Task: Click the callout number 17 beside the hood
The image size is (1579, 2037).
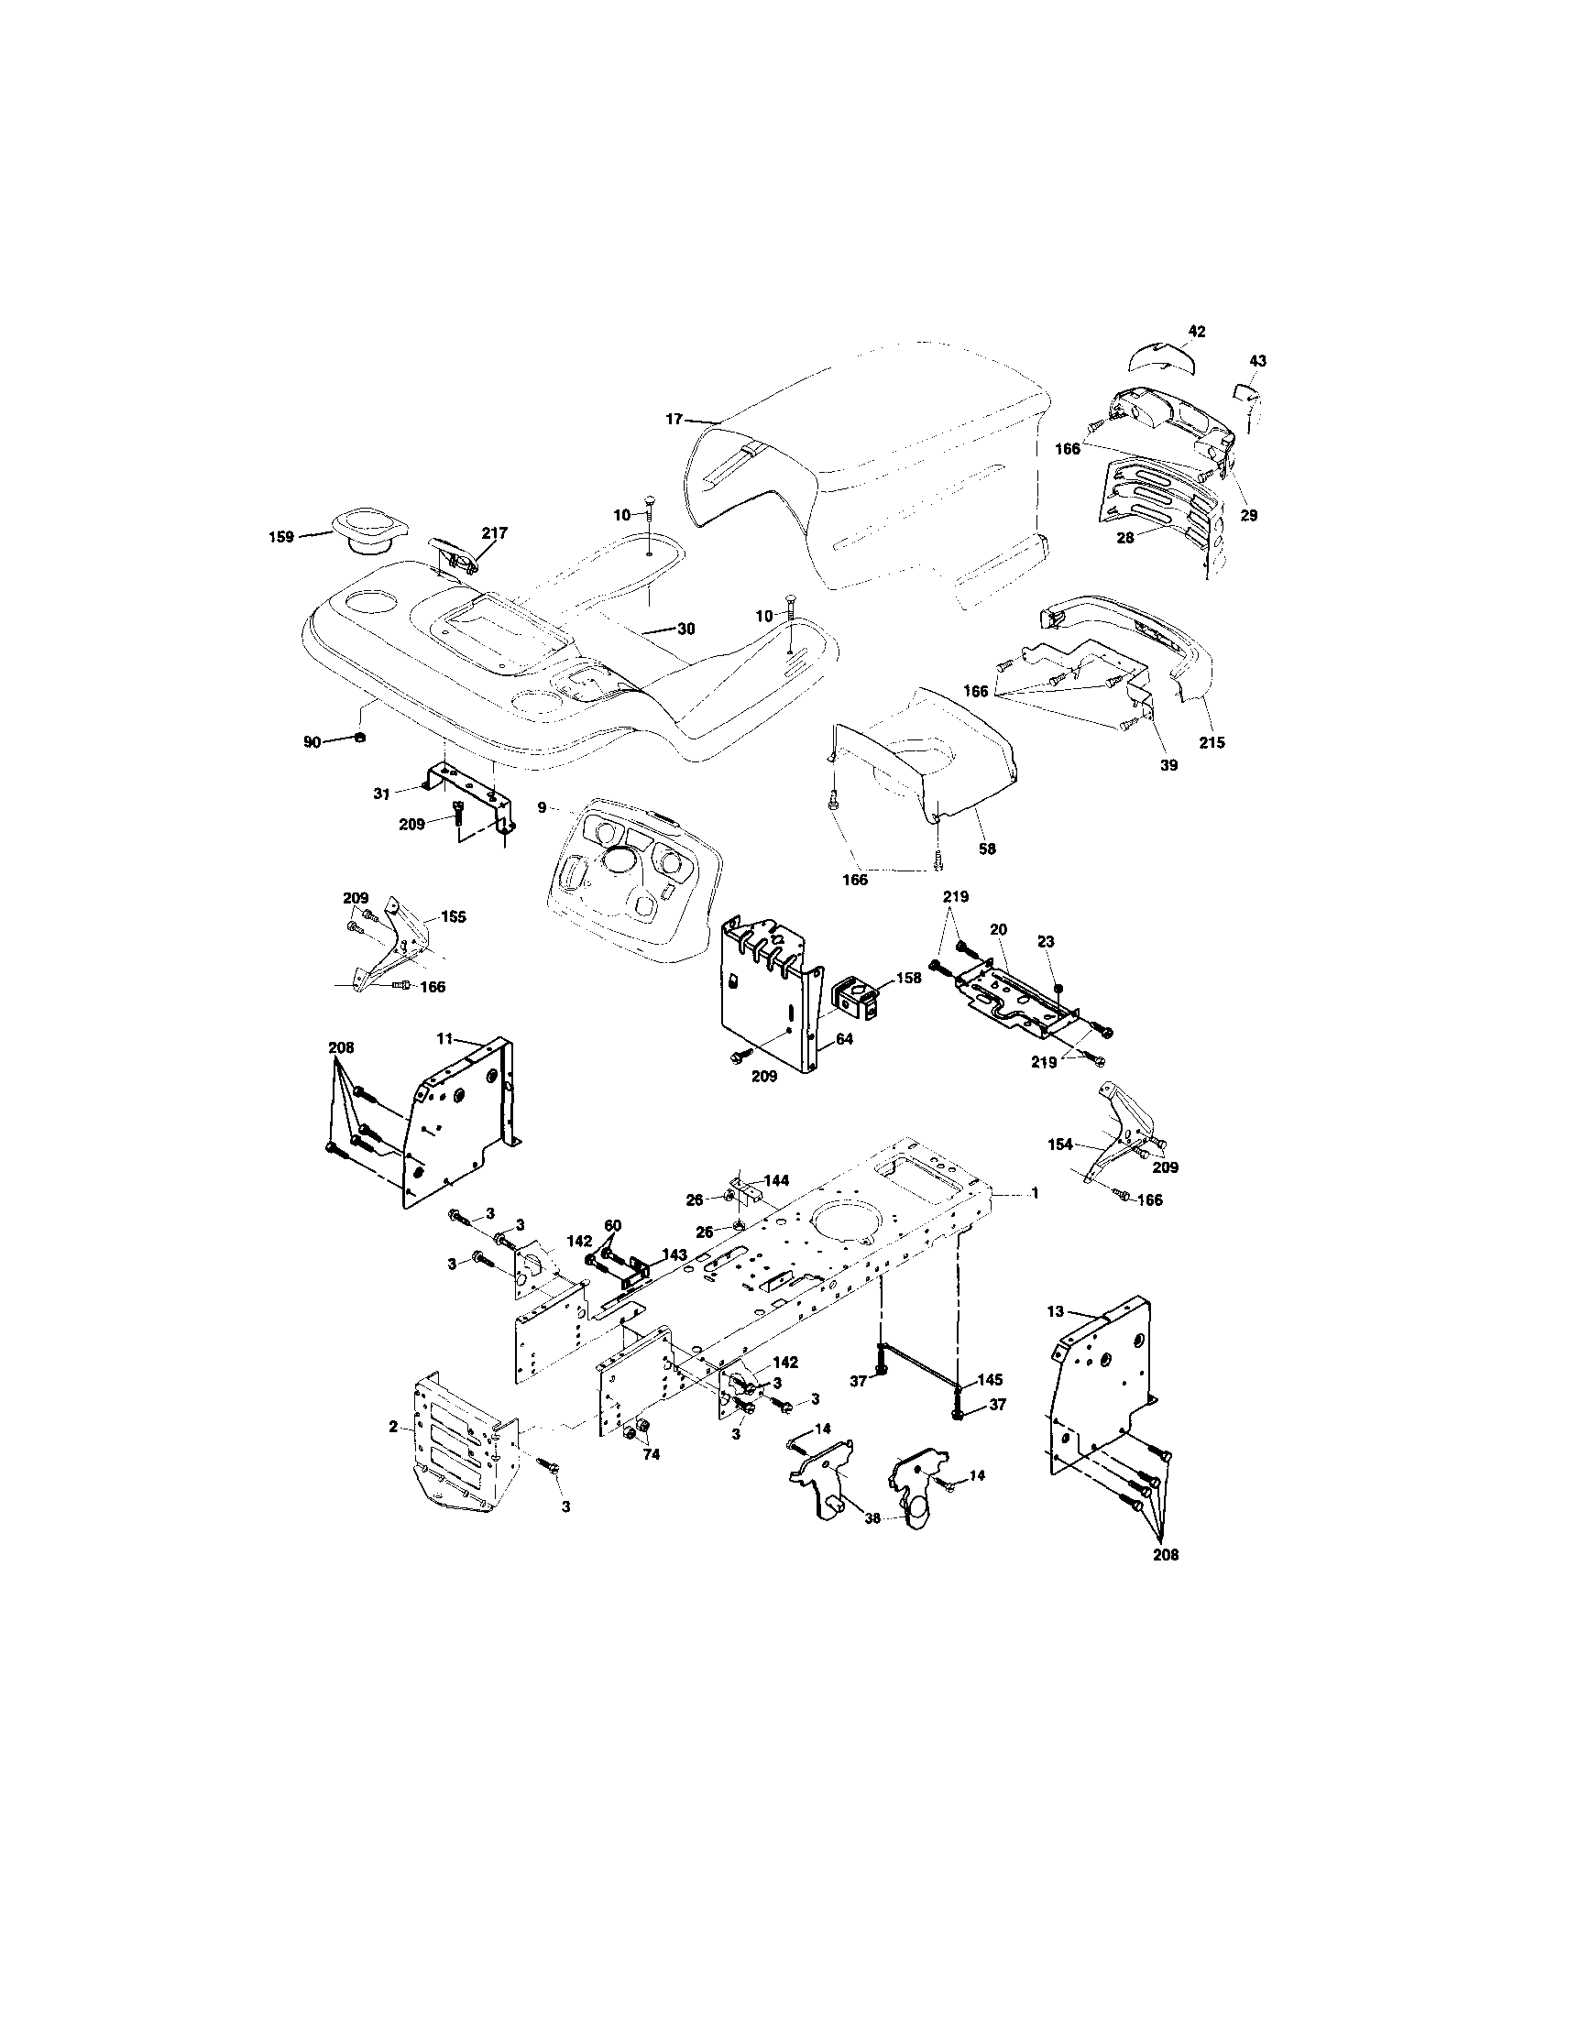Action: click(x=674, y=420)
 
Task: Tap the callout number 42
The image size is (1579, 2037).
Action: click(x=1197, y=331)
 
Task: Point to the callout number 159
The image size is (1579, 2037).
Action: click(x=280, y=536)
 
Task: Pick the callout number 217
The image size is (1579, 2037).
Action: click(x=494, y=532)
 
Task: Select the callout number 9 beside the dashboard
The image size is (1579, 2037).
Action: click(x=542, y=804)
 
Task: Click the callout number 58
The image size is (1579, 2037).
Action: click(x=987, y=849)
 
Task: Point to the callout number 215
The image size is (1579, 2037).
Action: click(x=1212, y=742)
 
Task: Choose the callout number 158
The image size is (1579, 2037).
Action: click(x=908, y=978)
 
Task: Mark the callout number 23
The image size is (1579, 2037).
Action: click(x=1046, y=943)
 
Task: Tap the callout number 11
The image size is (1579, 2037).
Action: click(x=444, y=1037)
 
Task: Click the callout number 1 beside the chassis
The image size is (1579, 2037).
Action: click(x=1034, y=1193)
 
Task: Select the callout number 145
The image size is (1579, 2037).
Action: click(x=990, y=1379)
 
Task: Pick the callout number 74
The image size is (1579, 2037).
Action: click(x=651, y=1453)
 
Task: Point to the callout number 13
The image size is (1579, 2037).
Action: click(x=1055, y=1311)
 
